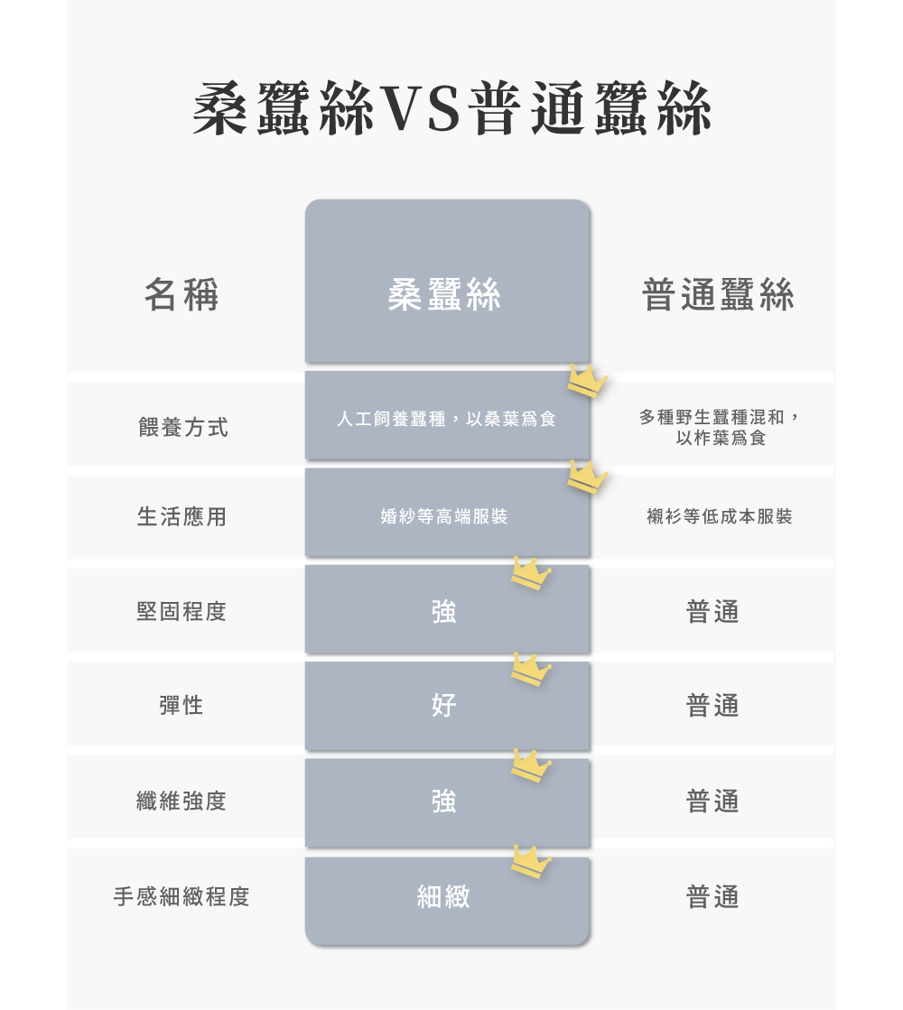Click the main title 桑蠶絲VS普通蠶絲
point(451,109)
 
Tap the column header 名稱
point(182,294)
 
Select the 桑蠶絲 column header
point(444,294)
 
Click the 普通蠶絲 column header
point(718,294)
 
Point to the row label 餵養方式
point(182,427)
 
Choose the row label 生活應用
point(182,516)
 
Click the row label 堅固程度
point(182,611)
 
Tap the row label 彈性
point(182,705)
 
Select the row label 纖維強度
point(182,801)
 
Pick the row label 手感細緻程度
point(182,896)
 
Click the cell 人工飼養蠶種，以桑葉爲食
point(446,419)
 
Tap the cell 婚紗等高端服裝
point(444,516)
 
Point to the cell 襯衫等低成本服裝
point(720,516)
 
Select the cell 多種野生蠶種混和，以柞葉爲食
point(720,428)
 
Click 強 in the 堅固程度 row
point(444,611)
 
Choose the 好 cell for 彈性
point(444,705)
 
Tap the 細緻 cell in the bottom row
point(444,896)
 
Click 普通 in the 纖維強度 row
point(712,801)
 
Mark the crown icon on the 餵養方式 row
point(587,381)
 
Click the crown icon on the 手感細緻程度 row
point(531,862)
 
